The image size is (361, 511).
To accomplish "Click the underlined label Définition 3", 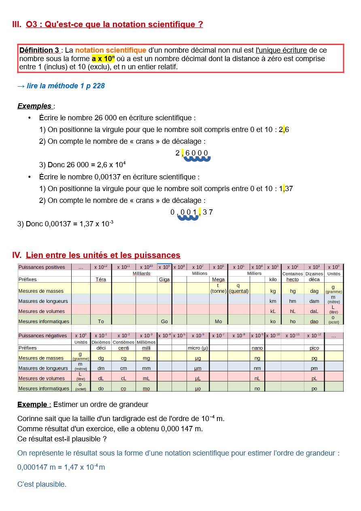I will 39,50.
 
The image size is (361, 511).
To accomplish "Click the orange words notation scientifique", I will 110,50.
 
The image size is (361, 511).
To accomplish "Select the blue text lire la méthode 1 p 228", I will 61,86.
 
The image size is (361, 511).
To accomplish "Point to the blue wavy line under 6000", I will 197,159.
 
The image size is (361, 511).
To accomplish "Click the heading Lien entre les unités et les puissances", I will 103,255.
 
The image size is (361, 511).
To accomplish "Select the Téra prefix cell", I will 101,279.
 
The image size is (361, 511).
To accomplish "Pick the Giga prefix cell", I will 164,279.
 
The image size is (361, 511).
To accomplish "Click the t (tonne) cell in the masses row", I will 218,288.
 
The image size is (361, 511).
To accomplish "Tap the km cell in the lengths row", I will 273,301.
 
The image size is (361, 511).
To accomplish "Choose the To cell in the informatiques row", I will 101,322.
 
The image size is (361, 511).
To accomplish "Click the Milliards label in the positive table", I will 142,274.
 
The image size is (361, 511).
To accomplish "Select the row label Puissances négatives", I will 43,336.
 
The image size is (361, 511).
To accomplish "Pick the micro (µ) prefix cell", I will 198,348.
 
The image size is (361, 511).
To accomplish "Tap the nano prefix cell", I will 257,348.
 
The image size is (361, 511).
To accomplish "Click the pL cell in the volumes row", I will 314,379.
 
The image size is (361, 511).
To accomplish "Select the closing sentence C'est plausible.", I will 42,484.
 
